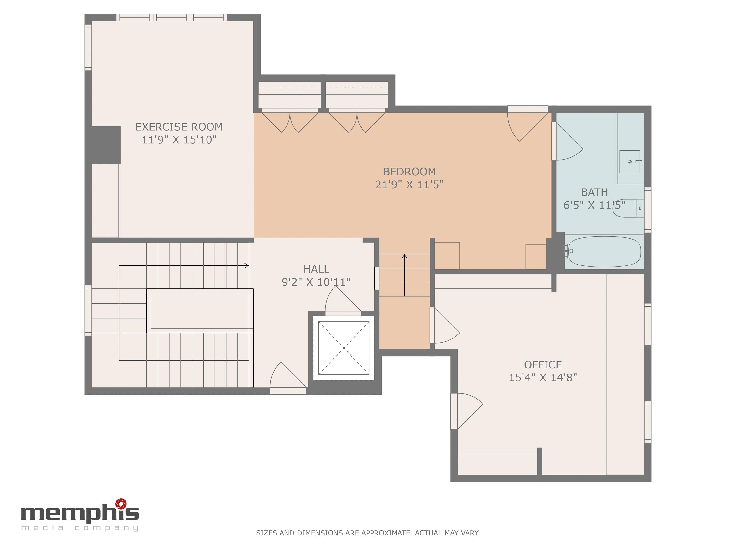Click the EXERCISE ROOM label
[179, 127]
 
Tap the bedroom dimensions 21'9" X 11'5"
[409, 184]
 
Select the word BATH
[594, 192]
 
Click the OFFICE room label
[543, 365]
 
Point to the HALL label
[316, 269]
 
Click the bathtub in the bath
[604, 252]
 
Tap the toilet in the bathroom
[627, 208]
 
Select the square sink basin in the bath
[630, 162]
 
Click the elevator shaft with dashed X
[344, 348]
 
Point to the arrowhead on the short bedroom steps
[404, 257]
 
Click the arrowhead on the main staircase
[247, 265]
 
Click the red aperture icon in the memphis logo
[121, 503]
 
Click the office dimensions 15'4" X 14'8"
[543, 378]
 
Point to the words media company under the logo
[80, 528]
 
